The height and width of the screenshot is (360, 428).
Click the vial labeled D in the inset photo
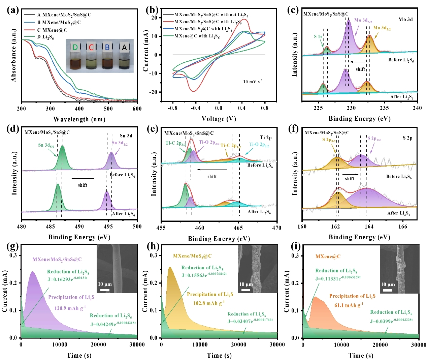[75, 57]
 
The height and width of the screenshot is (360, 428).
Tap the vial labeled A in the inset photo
[124, 57]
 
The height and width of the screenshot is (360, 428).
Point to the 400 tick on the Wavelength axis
[79, 109]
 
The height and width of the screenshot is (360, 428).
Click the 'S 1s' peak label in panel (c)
[318, 36]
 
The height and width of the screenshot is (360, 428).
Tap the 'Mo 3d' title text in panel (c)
[405, 20]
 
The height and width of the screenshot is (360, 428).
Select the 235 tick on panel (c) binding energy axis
[384, 108]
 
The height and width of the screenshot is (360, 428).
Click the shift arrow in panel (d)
[83, 179]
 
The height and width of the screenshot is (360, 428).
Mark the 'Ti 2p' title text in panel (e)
[266, 138]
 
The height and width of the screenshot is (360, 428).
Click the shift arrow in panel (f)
[351, 174]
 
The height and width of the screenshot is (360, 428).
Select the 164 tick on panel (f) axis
[369, 227]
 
